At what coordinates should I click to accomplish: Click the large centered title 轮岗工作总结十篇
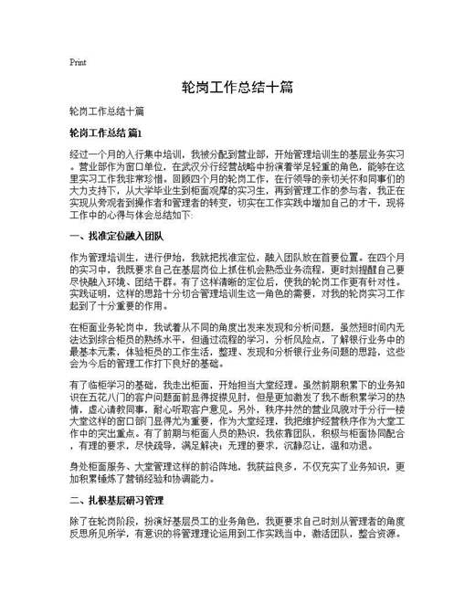(237, 88)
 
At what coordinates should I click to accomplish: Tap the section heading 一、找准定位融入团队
(115, 236)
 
